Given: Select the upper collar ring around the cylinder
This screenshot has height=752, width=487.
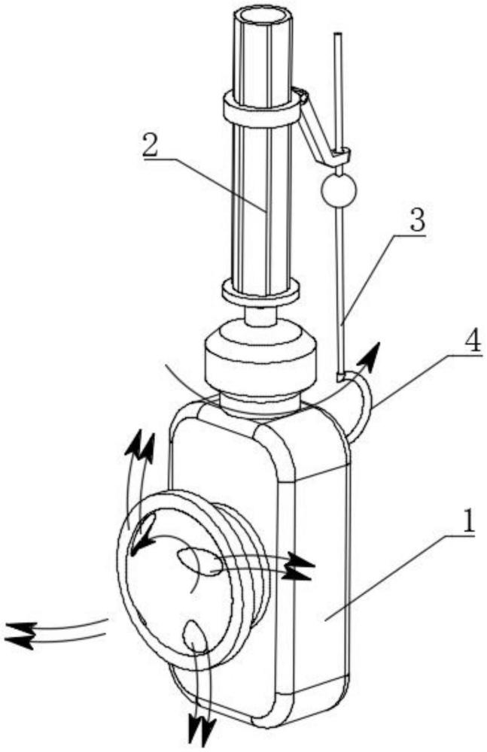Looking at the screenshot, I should [260, 110].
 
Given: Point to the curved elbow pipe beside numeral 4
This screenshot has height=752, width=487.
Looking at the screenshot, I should [360, 406].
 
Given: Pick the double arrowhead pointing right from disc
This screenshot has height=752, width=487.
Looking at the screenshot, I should [301, 566].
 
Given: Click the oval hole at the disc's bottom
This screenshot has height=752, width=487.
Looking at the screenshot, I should [194, 635].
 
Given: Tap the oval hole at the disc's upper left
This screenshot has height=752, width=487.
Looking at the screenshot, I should [143, 534].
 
